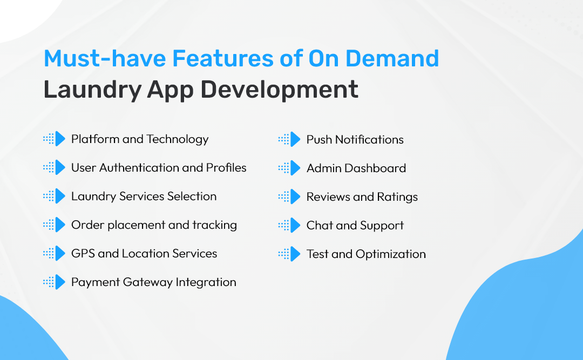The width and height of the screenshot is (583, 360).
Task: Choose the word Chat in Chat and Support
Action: (317, 225)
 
